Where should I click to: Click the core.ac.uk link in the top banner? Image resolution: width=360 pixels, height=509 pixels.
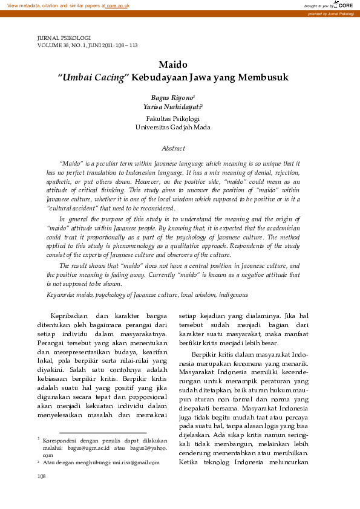118,5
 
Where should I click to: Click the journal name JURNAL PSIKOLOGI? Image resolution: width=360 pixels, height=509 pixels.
64,38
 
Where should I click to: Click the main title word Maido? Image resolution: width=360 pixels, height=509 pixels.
173,65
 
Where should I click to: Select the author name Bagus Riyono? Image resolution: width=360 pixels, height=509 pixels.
171,97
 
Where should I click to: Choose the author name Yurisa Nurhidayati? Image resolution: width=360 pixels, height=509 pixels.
171,106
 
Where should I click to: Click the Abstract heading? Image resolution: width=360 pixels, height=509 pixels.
173,148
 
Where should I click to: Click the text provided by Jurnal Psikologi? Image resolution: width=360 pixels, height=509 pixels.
331,13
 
